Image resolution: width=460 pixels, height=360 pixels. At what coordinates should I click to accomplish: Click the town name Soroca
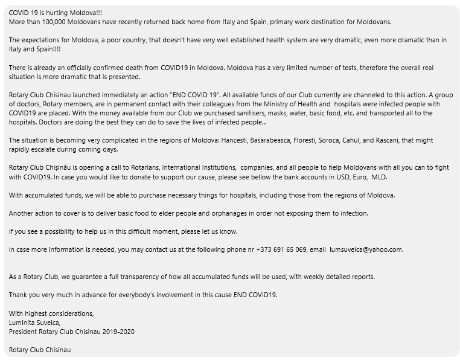click(374, 140)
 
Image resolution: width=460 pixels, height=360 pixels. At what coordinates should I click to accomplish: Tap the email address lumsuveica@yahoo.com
click(366, 249)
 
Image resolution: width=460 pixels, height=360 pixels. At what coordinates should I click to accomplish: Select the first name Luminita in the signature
click(22, 322)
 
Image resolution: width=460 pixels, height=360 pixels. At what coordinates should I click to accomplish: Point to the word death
click(128, 68)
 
